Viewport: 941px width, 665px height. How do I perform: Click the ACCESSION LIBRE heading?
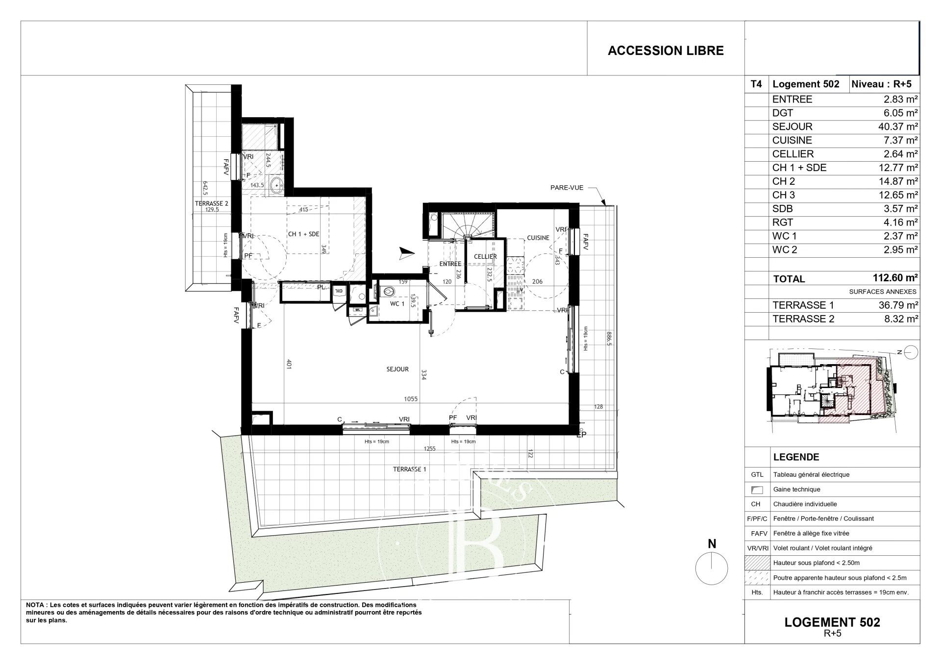coord(665,50)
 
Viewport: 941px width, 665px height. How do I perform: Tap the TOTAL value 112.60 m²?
coord(895,278)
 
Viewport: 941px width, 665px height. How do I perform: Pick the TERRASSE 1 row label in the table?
coord(803,305)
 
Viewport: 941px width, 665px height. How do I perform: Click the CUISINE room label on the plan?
coord(538,238)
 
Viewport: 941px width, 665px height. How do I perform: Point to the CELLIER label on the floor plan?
coord(485,256)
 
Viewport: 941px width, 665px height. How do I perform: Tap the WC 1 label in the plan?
coord(397,304)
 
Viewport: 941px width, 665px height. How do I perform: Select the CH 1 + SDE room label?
coord(303,234)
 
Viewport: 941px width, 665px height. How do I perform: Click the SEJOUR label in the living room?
coord(397,369)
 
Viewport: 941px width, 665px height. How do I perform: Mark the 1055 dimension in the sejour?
coord(410,399)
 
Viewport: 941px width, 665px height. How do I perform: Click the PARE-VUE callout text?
coord(567,187)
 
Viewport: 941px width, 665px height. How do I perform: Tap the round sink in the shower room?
coord(277,185)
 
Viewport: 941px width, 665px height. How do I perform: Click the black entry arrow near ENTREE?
coord(406,252)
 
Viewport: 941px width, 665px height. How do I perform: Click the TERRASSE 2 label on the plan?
coord(211,203)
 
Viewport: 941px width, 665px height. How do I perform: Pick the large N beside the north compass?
coord(712,543)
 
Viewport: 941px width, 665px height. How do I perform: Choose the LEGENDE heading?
coord(796,457)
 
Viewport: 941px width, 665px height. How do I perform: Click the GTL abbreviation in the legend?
coord(756,474)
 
